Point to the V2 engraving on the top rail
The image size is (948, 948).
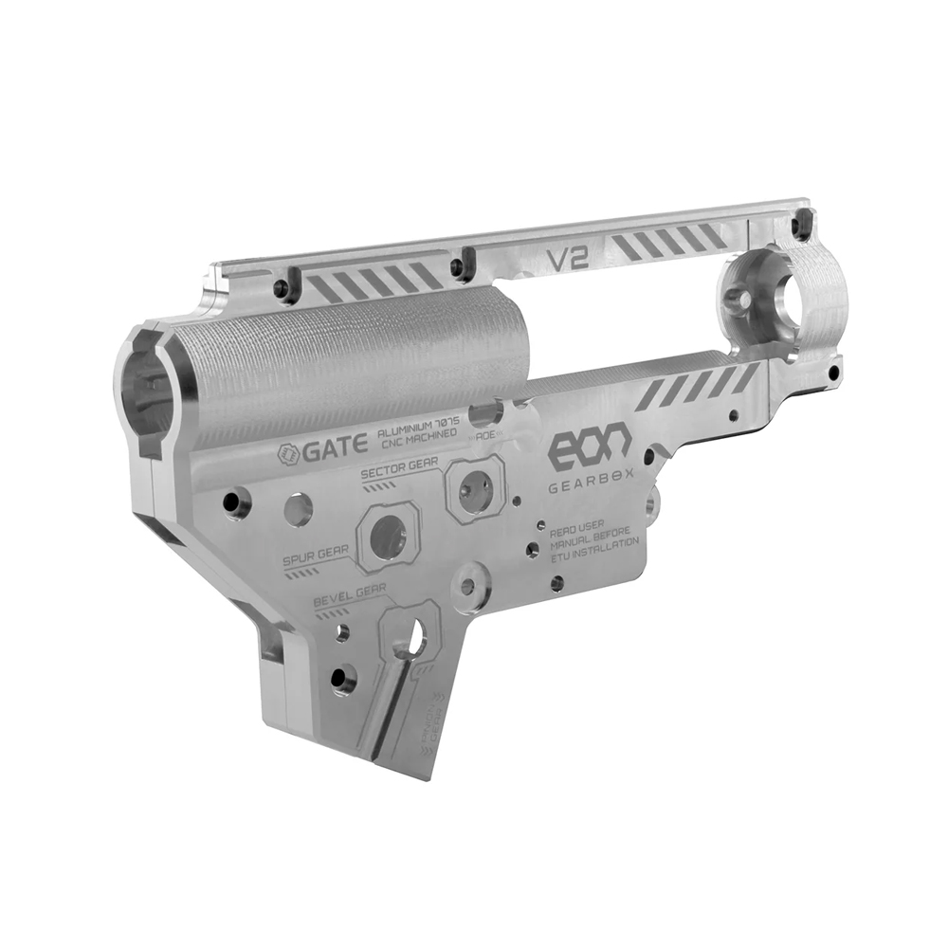click(x=568, y=258)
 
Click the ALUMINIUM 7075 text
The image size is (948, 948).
click(x=417, y=429)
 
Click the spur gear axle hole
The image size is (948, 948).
click(x=388, y=537)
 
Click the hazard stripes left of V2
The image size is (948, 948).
click(x=372, y=282)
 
